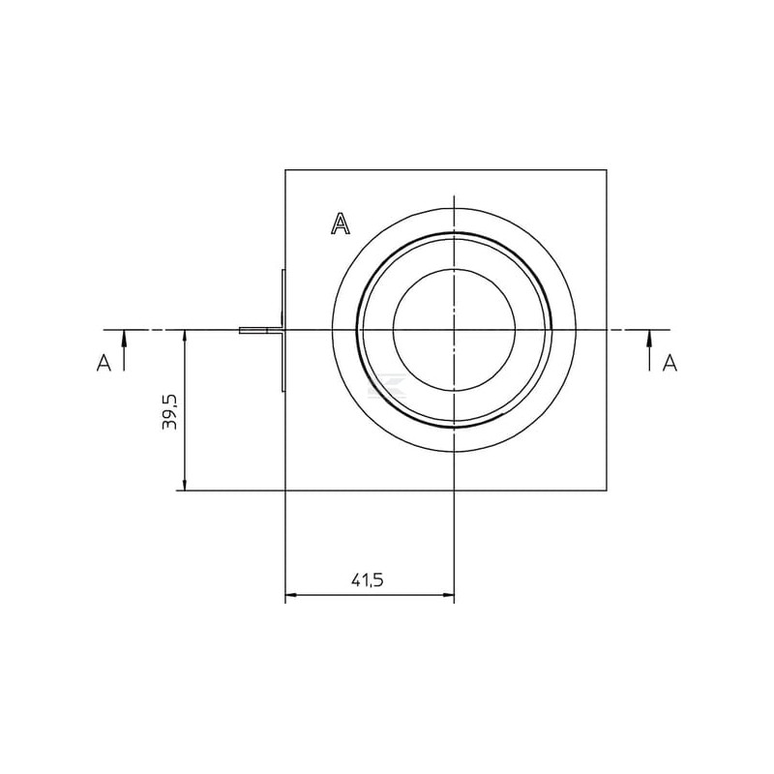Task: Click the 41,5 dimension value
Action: click(x=368, y=580)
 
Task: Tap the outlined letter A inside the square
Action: click(x=341, y=223)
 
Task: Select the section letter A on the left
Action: click(x=104, y=363)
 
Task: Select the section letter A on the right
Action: click(x=670, y=363)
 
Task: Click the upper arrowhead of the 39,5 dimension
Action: click(x=185, y=338)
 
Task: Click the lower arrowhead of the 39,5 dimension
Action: click(x=185, y=482)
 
